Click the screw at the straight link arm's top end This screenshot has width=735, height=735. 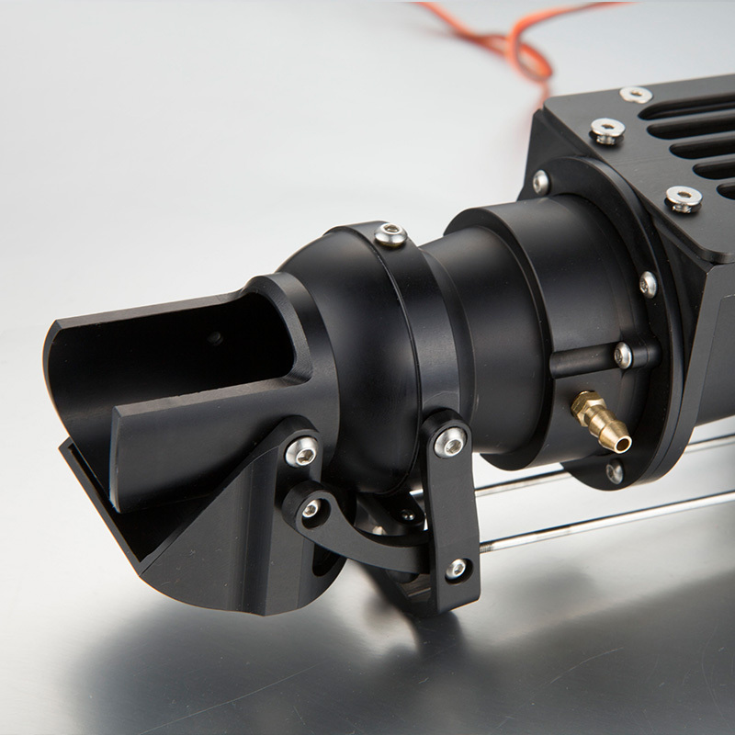click(x=450, y=443)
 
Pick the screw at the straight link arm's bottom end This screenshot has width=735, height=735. click(x=457, y=570)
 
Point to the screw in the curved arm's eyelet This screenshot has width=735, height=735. click(x=312, y=508)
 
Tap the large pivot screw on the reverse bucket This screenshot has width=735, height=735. click(x=301, y=450)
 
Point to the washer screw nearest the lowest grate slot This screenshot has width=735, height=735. click(x=683, y=198)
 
